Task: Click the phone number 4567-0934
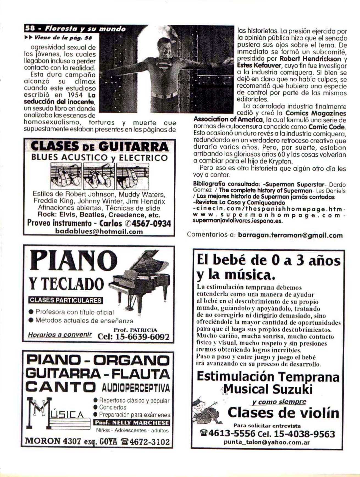click(151, 223)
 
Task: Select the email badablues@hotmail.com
click(99, 231)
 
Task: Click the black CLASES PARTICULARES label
click(65, 300)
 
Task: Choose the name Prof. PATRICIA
click(135, 330)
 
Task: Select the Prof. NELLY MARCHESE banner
click(132, 423)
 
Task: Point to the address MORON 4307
click(52, 441)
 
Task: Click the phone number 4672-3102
click(149, 442)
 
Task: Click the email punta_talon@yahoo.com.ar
click(267, 442)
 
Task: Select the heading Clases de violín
click(283, 413)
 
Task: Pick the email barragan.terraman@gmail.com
click(290, 235)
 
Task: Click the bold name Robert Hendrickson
click(310, 59)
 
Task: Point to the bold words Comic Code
click(327, 127)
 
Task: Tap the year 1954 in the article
click(75, 95)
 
